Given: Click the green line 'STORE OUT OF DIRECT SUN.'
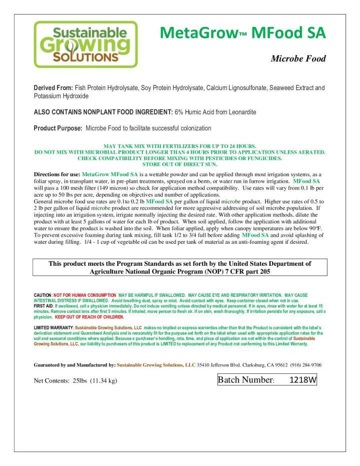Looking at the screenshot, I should click(178, 164).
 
